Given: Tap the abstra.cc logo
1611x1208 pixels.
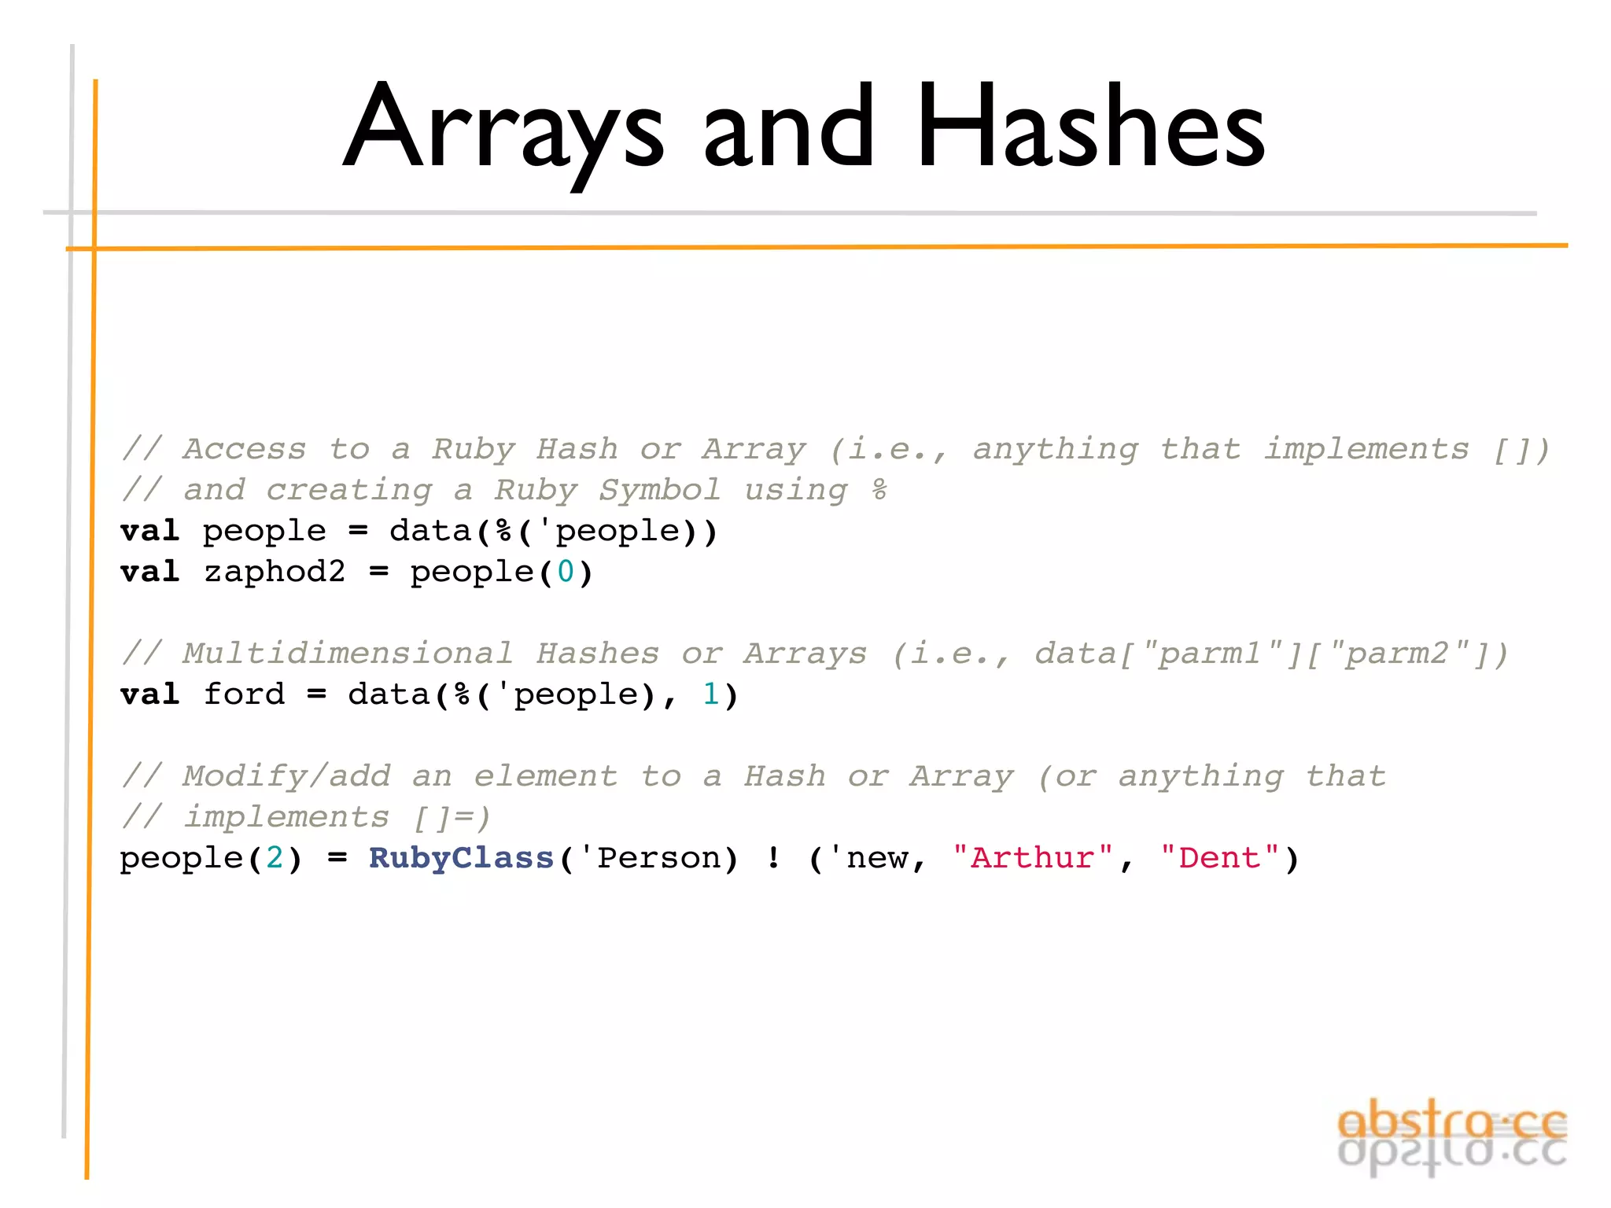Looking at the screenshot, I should point(1451,1136).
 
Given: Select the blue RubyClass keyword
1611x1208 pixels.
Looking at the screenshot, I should point(462,857).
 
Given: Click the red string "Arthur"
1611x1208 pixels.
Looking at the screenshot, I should point(1032,857).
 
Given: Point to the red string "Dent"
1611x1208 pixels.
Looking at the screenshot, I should point(1219,857).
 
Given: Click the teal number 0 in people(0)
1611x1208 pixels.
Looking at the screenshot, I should point(566,572).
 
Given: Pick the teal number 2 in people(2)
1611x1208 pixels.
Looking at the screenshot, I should point(275,857).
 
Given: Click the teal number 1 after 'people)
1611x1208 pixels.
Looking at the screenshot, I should point(711,694).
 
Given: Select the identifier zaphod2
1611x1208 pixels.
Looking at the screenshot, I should point(275,572).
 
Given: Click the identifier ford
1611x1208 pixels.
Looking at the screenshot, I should point(244,694).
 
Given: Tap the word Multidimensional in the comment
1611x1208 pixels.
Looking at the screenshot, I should point(348,654).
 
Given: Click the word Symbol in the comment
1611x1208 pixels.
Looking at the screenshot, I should point(659,490).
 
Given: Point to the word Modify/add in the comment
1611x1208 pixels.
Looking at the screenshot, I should point(286,776).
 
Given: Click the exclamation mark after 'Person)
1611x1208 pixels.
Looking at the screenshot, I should point(774,857).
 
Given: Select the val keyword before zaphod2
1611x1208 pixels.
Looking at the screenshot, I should point(150,572).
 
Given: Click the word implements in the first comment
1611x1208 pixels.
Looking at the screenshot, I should point(1366,449).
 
